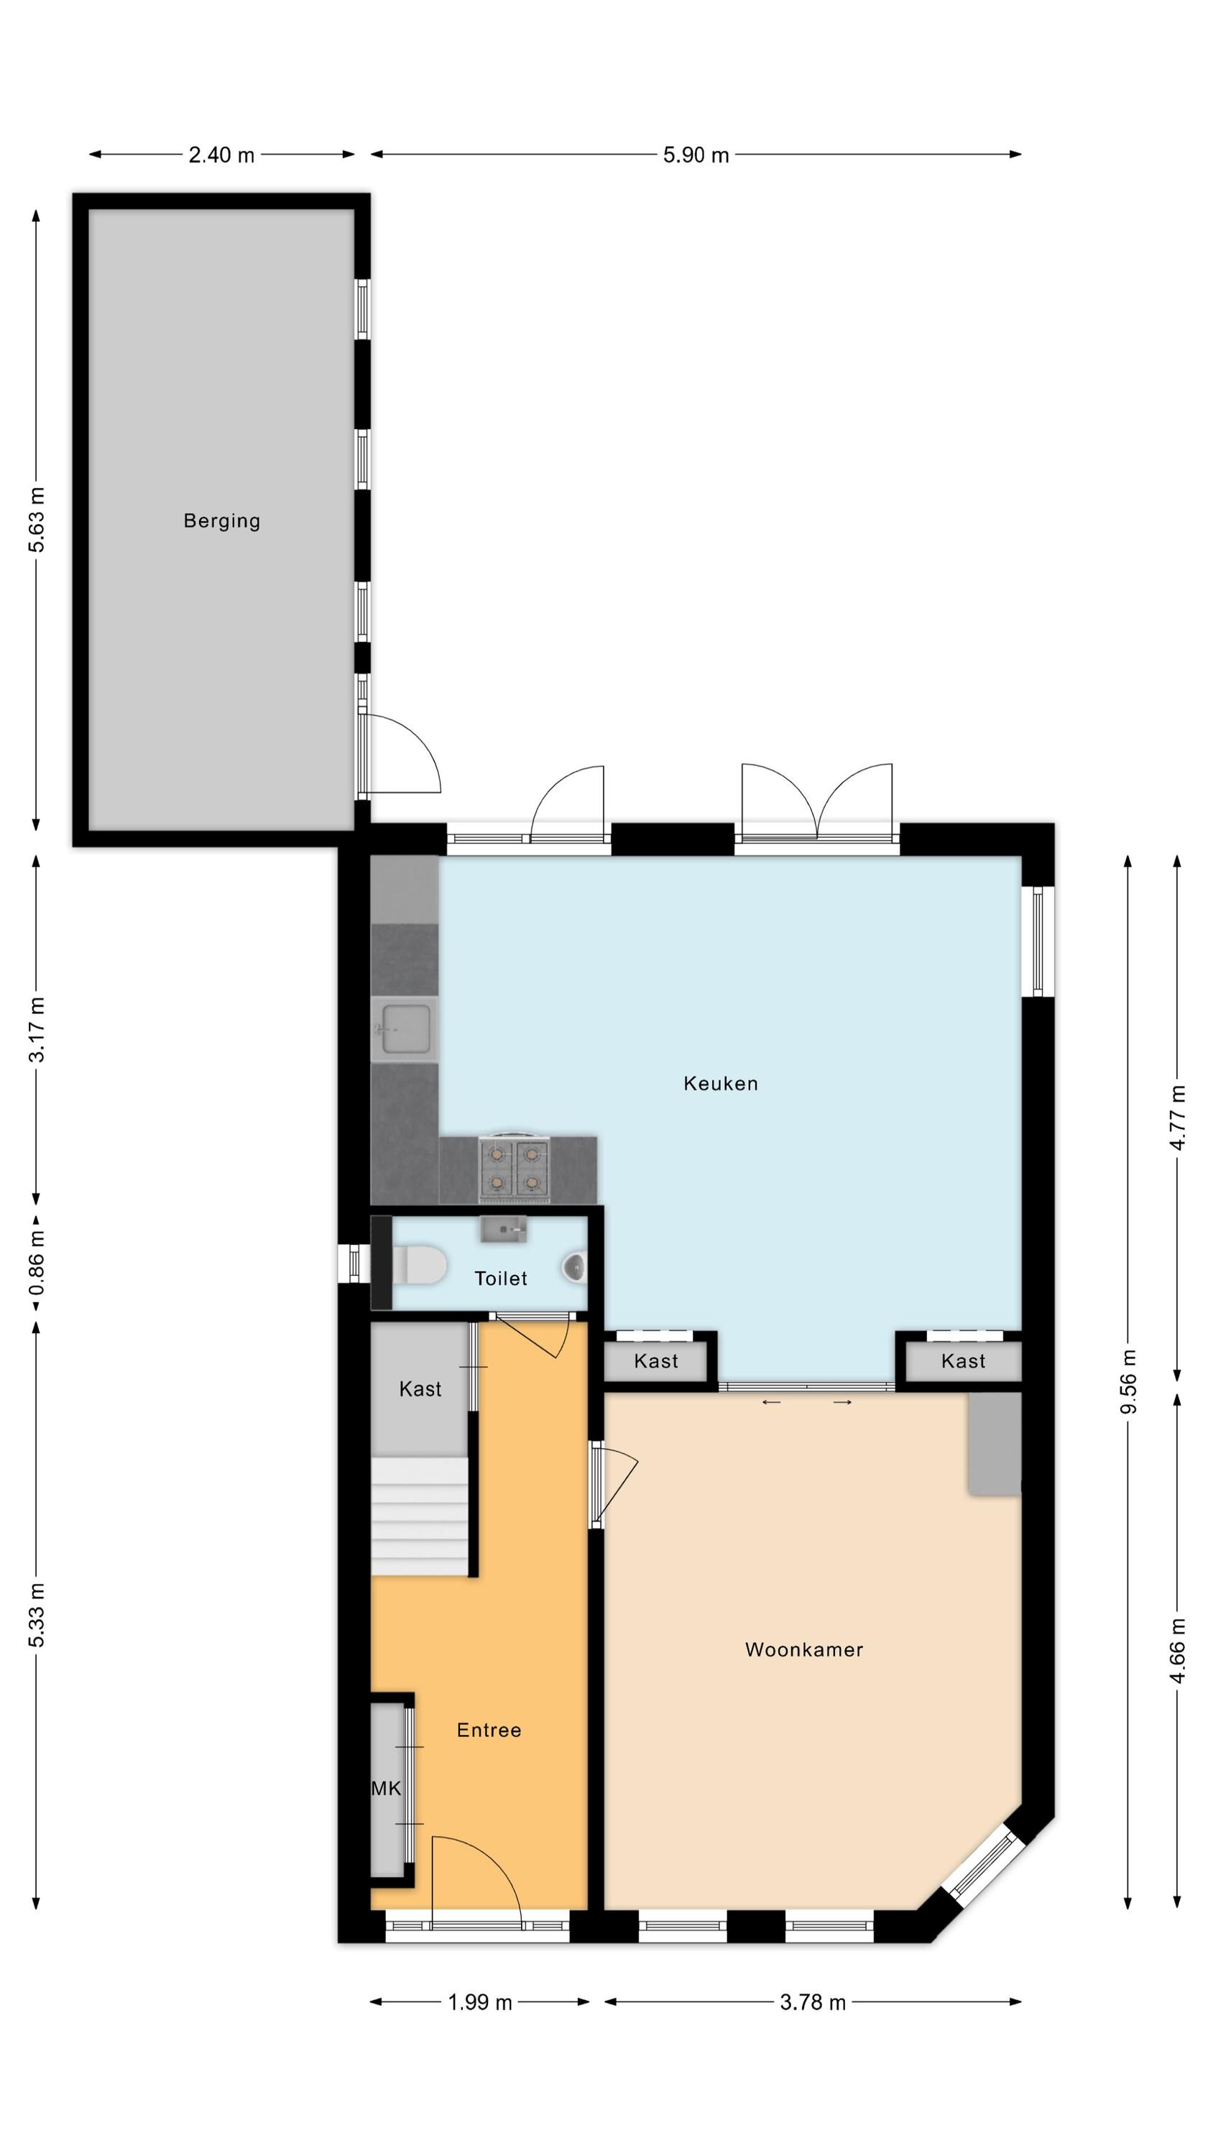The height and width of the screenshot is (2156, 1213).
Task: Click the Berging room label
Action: pyautogui.click(x=222, y=522)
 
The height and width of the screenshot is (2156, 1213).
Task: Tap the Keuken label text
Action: pyautogui.click(x=721, y=1084)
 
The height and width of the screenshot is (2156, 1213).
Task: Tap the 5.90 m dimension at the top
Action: pyautogui.click(x=696, y=155)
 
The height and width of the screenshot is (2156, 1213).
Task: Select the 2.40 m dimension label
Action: pyautogui.click(x=221, y=155)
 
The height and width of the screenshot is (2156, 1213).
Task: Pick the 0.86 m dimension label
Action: pyautogui.click(x=36, y=1263)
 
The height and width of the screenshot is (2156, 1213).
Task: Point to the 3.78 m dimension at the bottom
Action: pyautogui.click(x=813, y=2002)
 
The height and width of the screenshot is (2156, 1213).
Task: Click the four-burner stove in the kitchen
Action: pyautogui.click(x=513, y=1168)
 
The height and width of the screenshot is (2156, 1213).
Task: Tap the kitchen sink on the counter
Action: pyautogui.click(x=405, y=1029)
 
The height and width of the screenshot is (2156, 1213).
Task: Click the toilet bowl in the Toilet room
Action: pyautogui.click(x=418, y=1265)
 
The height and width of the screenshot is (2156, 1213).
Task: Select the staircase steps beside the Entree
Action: pyautogui.click(x=420, y=1516)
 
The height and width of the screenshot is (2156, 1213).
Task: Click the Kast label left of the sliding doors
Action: pyautogui.click(x=655, y=1361)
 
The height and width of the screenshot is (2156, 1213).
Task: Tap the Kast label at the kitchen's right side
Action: pyautogui.click(x=963, y=1361)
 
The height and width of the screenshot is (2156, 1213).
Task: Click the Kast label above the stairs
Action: pyautogui.click(x=420, y=1389)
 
